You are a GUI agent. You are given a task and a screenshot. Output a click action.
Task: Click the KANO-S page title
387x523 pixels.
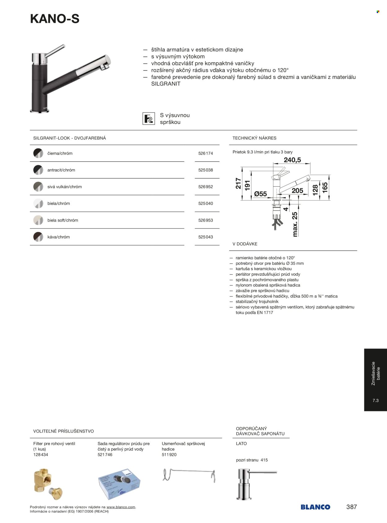point(55,19)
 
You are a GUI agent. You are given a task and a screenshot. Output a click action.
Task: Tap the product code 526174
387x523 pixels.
point(206,153)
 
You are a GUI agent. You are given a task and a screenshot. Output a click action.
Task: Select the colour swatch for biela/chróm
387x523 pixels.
point(38,204)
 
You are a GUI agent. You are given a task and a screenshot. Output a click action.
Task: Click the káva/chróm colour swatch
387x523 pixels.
point(38,237)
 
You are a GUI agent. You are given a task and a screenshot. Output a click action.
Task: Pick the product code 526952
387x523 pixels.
point(206,187)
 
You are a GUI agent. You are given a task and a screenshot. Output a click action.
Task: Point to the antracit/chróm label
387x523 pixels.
point(61,170)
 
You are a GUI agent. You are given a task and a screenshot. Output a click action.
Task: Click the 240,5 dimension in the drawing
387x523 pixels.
point(292,160)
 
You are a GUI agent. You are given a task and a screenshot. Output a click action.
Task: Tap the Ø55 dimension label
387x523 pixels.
point(260,194)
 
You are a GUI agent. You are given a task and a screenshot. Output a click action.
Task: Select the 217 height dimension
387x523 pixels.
point(238,183)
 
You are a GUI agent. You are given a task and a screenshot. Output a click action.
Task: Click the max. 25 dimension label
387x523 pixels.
point(295,224)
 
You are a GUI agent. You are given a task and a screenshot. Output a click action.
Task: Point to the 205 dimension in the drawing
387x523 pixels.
point(297,191)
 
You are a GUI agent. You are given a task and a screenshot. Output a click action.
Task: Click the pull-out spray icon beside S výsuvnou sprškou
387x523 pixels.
point(149,119)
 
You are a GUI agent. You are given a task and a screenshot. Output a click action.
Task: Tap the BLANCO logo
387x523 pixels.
point(315,507)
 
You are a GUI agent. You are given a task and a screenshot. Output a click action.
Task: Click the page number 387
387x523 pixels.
point(351,507)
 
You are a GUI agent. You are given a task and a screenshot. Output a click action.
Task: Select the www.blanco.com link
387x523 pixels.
point(121,507)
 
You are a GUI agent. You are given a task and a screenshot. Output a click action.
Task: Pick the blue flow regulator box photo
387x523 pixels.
point(119,484)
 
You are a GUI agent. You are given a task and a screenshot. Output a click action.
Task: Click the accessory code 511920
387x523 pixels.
point(169,455)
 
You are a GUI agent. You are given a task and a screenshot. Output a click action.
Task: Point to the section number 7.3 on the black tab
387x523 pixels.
point(376,401)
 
